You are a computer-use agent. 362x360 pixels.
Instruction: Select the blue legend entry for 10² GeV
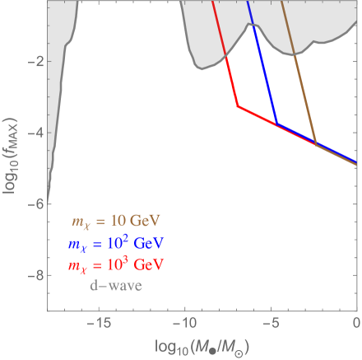(x=114, y=244)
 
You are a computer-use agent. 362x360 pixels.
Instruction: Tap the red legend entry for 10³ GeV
(x=114, y=265)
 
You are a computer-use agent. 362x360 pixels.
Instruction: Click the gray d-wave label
(x=116, y=286)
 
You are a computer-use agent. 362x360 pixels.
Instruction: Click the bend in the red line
(x=237, y=106)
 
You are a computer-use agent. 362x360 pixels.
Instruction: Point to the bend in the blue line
(x=276, y=124)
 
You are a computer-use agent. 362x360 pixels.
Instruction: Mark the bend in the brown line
(x=316, y=144)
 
